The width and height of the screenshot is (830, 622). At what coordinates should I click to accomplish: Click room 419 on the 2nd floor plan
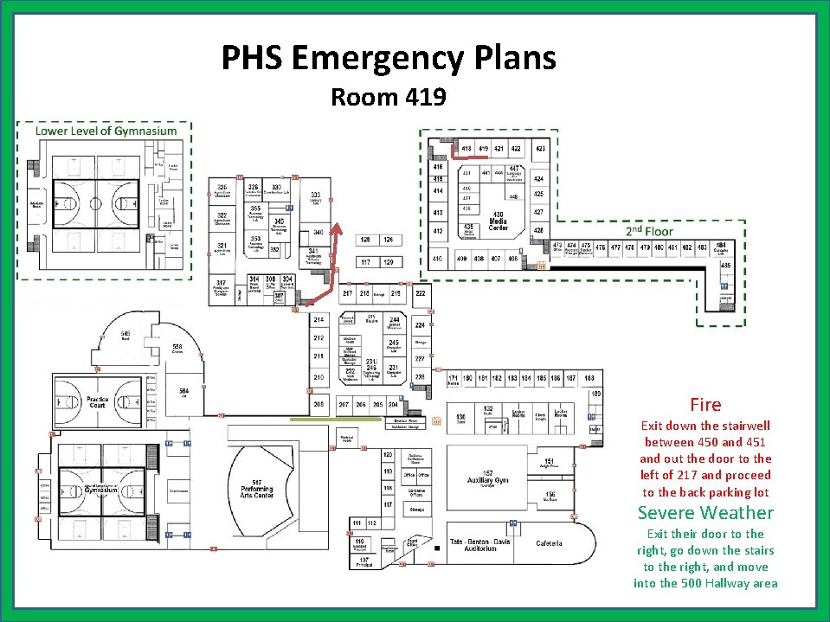484,150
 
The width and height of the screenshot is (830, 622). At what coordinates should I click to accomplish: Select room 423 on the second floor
540,150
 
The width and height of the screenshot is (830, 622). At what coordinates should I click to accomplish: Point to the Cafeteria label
549,543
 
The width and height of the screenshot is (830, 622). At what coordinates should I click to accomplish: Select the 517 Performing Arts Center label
257,488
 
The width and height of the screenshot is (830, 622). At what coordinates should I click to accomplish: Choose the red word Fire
705,405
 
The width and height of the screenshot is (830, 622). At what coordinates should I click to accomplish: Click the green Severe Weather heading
705,513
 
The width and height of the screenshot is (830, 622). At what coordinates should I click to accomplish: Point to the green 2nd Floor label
649,231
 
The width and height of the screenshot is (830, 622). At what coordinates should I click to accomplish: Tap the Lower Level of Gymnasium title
106,131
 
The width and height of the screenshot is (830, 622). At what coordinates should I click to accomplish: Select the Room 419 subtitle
388,97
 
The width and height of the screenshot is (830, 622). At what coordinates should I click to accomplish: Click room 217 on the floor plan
348,294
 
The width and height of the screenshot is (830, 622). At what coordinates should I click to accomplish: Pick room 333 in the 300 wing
317,197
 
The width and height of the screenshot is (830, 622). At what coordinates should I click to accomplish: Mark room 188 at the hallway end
589,379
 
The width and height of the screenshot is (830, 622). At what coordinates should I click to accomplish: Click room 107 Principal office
364,561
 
